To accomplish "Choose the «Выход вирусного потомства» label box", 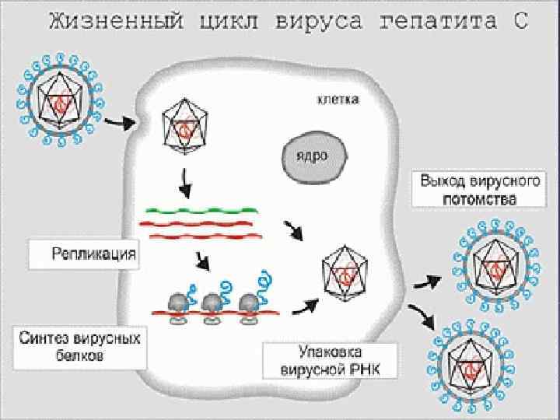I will (x=469, y=190).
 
